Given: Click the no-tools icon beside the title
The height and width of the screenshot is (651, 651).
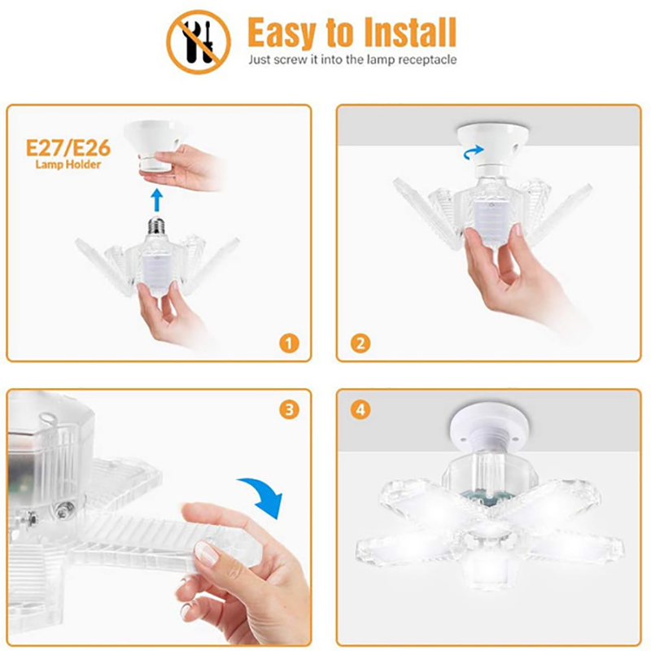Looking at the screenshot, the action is point(199,42).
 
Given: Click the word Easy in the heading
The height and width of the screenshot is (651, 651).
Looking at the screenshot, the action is point(282,34).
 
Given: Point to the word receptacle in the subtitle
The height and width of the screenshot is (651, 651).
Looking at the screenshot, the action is point(427,60).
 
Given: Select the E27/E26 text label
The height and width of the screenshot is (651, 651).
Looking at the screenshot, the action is point(68,148).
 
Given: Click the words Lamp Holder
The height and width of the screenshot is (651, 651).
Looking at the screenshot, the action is point(68,164).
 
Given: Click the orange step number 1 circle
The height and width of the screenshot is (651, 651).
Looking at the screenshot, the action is point(289,343).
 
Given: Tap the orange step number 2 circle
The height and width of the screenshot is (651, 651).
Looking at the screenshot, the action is point(360,343).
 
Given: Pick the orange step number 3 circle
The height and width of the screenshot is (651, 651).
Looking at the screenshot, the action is point(289,410).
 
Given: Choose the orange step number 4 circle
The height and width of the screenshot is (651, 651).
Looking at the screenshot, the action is point(360,410).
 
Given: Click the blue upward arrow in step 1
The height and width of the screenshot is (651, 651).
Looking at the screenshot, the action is point(156,200).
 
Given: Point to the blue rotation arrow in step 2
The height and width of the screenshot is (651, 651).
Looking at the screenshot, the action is point(474,152).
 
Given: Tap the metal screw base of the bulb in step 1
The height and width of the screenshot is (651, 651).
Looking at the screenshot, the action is point(156,225).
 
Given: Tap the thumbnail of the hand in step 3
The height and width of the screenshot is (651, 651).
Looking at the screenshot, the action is point(206,553).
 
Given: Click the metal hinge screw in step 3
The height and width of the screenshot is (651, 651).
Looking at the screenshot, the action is point(64,509).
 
